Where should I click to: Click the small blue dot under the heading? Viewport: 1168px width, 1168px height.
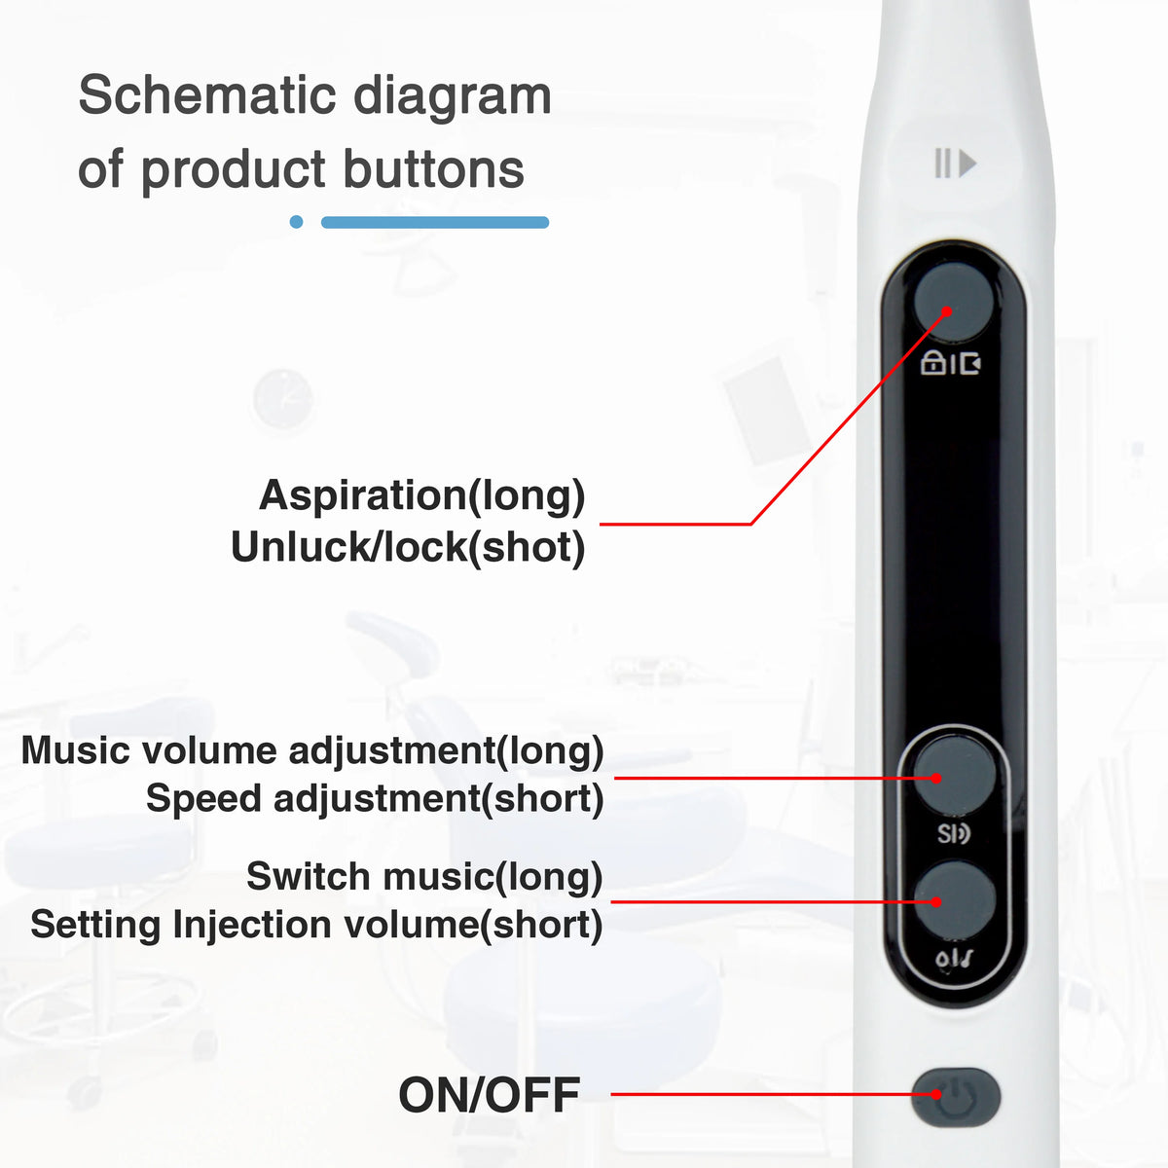tap(297, 222)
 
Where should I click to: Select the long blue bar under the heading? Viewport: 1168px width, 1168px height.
tap(434, 222)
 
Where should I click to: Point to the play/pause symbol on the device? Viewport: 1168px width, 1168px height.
tap(955, 164)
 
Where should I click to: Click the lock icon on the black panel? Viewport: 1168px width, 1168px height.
tap(932, 364)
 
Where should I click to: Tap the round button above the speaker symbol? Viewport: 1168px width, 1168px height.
tap(955, 775)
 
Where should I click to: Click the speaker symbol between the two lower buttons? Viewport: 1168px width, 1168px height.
tap(954, 834)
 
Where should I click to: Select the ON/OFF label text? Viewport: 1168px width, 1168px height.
tap(489, 1095)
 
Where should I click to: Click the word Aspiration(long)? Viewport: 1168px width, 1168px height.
tap(421, 495)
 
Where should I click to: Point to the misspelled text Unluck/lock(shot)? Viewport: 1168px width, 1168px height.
tap(408, 547)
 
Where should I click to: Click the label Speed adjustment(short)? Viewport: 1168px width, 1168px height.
tap(375, 799)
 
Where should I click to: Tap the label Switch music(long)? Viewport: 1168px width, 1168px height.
tap(424, 877)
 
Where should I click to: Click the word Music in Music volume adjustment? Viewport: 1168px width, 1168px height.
tap(76, 750)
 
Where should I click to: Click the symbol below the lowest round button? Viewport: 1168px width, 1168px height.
tap(954, 960)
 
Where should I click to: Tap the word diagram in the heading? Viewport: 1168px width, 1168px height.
tap(452, 95)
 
